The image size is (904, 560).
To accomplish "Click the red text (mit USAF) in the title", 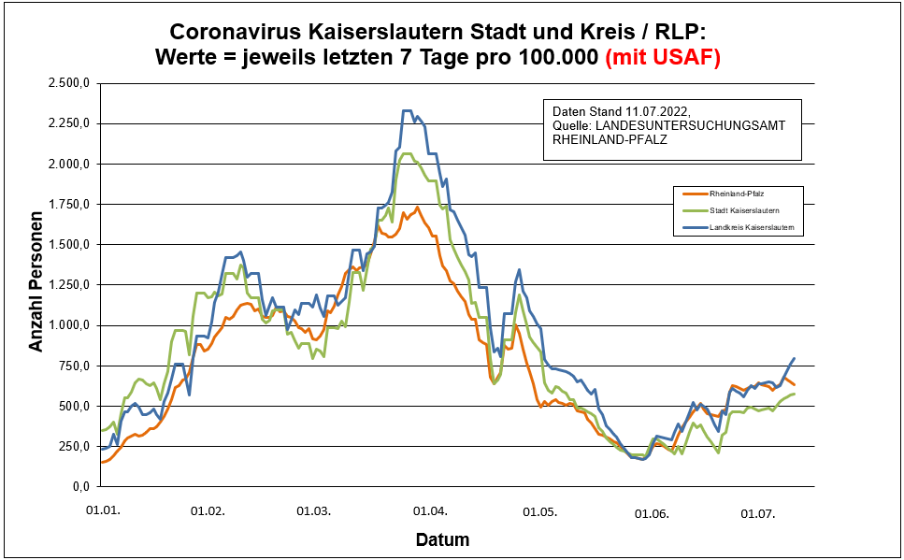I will [663, 58].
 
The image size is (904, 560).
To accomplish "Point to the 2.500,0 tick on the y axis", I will [67, 83].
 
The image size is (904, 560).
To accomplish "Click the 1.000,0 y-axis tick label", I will [67, 325].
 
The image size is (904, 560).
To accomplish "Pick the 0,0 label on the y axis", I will [79, 487].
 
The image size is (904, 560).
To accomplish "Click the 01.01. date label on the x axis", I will [102, 512].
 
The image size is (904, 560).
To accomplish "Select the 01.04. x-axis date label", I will [430, 512].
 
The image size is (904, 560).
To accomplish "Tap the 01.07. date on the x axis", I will [758, 512].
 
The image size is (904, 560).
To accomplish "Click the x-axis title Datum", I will [442, 539].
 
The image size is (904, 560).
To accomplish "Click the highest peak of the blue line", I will [408, 110].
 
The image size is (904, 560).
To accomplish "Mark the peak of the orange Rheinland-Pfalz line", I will [416, 208].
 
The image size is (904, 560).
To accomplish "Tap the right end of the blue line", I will [794, 358].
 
